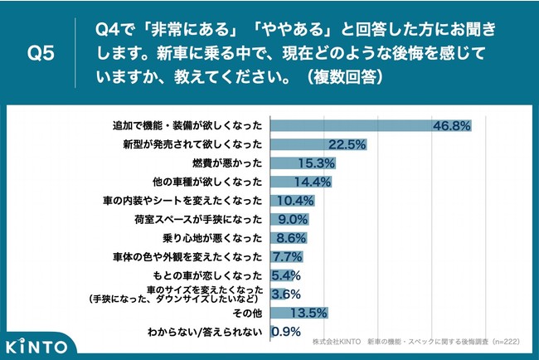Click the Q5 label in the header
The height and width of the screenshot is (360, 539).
[41, 53]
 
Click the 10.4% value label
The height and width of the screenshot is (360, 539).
[296, 201]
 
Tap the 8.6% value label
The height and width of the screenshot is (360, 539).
[289, 238]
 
